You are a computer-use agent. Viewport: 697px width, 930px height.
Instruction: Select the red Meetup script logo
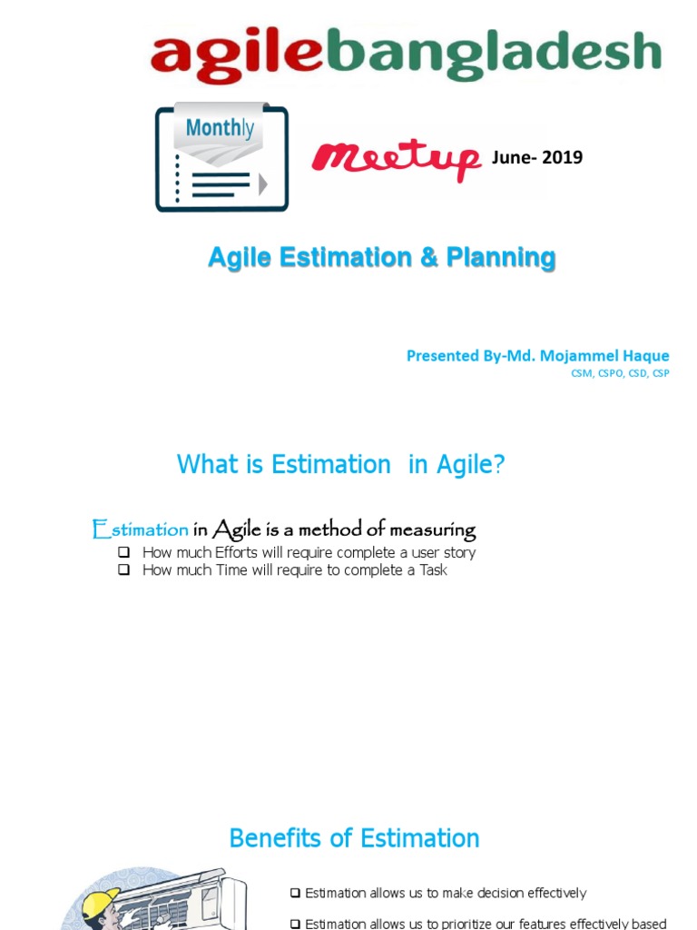point(396,160)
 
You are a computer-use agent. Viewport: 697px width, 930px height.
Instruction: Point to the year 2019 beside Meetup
point(564,158)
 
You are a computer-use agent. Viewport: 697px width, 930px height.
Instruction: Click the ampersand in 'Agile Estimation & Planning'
point(427,258)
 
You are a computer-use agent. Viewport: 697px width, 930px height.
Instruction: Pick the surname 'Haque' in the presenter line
point(643,355)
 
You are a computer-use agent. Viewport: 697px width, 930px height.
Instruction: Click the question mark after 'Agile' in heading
point(498,465)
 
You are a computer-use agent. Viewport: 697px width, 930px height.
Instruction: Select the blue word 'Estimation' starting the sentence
point(141,529)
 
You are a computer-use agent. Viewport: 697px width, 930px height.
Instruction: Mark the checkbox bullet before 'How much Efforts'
point(123,552)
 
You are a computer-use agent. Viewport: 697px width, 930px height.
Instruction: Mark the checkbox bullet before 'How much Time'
point(123,570)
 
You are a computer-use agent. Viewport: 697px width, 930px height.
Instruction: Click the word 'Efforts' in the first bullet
point(236,552)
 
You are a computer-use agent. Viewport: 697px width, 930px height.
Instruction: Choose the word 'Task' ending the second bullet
point(433,570)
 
